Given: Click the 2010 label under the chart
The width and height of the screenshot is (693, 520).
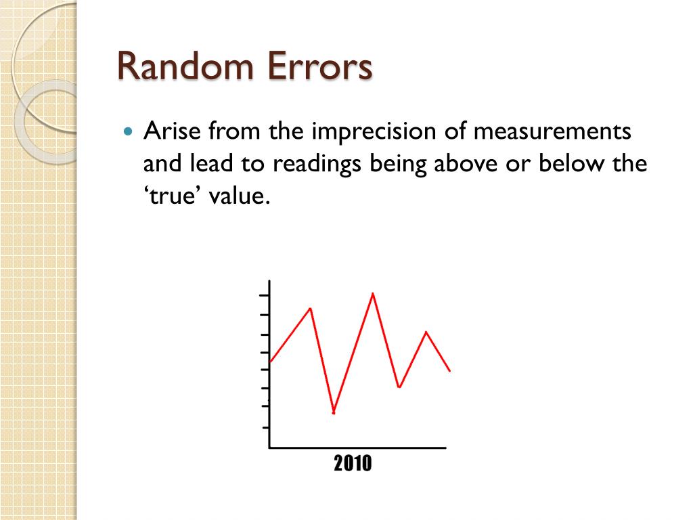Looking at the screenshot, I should [353, 464].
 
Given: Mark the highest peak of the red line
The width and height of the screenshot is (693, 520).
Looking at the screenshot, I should [373, 293].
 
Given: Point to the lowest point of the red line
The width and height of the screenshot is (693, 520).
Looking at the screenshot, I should [334, 412].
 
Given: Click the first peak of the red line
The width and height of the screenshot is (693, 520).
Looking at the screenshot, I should [310, 309].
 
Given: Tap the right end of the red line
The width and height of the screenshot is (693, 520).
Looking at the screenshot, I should [449, 370].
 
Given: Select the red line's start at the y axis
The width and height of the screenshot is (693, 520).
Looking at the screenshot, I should [271, 362].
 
